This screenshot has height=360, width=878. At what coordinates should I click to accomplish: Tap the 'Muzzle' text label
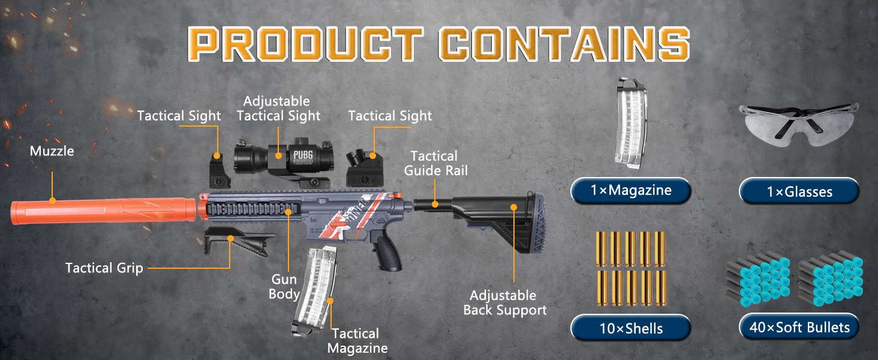click(52, 151)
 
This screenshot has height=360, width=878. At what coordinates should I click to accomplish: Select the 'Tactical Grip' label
click(104, 268)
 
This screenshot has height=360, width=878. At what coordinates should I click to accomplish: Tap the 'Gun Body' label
click(284, 287)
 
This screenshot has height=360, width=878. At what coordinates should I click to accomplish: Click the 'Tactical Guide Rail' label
click(435, 163)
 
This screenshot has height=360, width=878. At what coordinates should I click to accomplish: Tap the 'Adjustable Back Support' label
click(505, 302)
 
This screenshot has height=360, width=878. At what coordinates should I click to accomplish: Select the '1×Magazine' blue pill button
click(630, 191)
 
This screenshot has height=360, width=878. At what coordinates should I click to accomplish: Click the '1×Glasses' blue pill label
click(799, 191)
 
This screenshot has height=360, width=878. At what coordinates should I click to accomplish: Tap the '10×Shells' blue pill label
click(630, 328)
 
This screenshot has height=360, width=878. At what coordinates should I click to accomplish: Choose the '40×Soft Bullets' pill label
click(799, 328)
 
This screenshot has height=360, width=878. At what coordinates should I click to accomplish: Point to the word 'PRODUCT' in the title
click(308, 43)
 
